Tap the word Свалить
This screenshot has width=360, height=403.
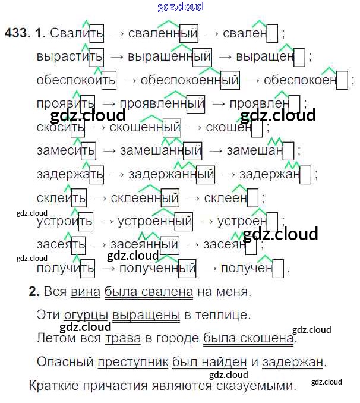point(77,34)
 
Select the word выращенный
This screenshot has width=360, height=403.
point(169,57)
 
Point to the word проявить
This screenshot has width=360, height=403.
point(65,103)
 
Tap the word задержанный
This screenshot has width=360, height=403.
point(171,174)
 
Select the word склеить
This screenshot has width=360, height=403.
point(61,198)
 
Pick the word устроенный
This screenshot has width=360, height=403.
point(154,222)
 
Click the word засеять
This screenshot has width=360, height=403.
point(61,244)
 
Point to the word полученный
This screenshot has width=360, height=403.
point(157,268)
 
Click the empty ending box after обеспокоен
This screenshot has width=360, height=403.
point(342,80)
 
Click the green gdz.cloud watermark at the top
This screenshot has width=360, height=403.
point(180,7)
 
